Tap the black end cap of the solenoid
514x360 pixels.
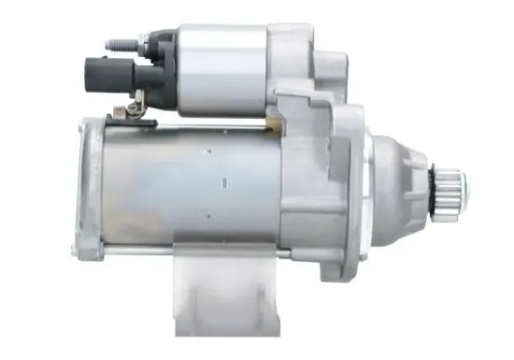(x=159, y=65)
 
